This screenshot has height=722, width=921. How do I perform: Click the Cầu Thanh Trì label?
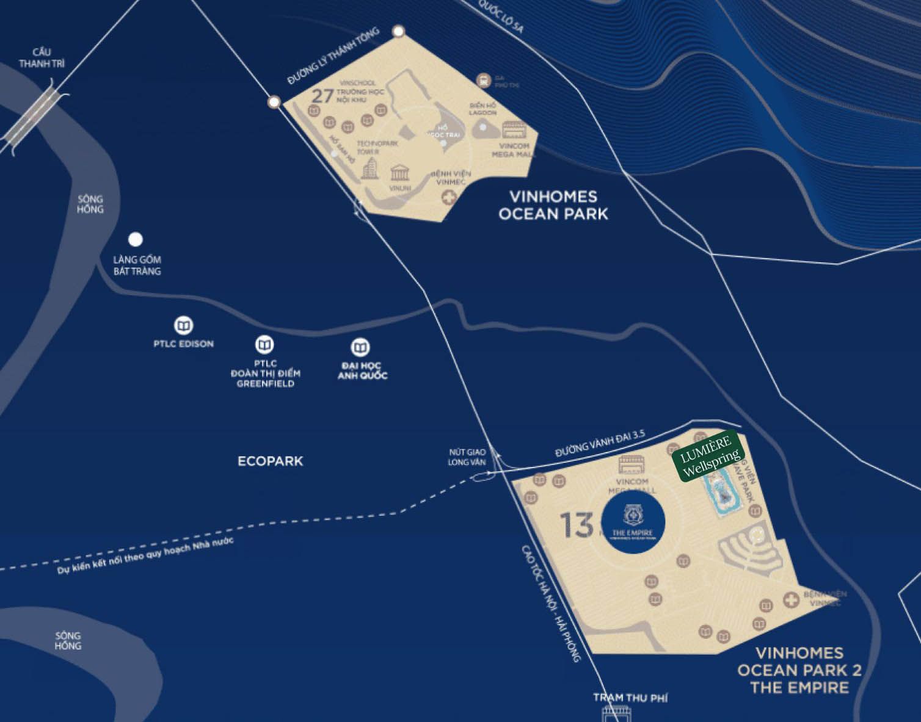point(42,58)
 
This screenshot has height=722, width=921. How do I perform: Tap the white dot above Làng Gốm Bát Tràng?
point(136,239)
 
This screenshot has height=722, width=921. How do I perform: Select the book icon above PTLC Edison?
point(183,325)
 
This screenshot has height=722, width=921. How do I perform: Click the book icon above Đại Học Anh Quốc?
point(360,348)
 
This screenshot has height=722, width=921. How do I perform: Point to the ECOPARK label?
point(270,461)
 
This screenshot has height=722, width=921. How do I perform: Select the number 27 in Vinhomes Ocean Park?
point(322,96)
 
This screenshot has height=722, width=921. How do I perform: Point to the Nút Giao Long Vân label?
point(467,457)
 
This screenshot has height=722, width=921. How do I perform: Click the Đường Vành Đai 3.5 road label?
point(600,444)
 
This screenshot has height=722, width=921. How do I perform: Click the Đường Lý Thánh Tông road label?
point(333,56)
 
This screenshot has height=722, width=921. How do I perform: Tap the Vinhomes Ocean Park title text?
point(553,205)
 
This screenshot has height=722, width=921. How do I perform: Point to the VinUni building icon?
point(400,172)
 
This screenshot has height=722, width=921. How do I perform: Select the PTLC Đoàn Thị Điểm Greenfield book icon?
point(264,345)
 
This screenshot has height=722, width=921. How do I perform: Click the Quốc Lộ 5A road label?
point(501,16)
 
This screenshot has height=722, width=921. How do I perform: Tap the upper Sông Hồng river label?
point(90,204)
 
